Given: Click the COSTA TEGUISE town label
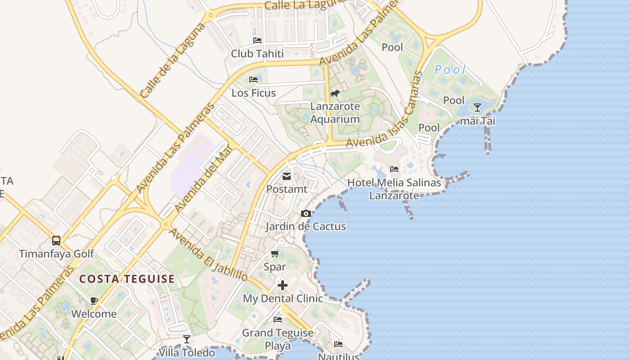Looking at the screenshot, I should pos(127,279).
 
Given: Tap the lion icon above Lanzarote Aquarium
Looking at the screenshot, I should pos(334,93).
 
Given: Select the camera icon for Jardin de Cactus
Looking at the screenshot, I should pos(306,213).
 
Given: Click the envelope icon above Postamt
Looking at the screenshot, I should pos(287,176).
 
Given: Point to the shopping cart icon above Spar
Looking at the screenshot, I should pos(275,254).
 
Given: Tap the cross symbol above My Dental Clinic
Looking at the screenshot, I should pos(283,285).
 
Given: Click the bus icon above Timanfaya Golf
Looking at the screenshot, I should pos(56,240).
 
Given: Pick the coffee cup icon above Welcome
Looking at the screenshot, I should pos(94,301).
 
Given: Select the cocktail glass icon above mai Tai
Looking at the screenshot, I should pos(477,108).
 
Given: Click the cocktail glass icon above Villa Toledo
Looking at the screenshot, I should pos(187,339).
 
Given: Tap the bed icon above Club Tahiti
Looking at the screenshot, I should pos(257,40).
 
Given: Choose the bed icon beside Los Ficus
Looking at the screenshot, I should pos(253,80).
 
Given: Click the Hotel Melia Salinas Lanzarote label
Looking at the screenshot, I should pos(394,189).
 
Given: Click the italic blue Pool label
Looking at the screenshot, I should pos(450,70).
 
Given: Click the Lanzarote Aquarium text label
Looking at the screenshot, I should pos(335,113).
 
